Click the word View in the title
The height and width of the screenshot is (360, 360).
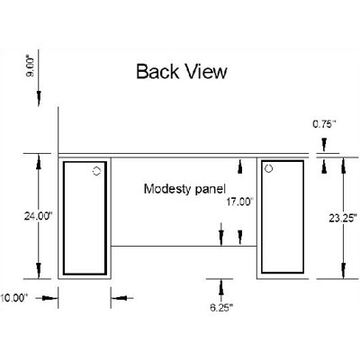206,72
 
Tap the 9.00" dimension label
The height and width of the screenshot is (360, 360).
31,67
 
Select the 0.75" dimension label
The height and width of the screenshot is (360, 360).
324,123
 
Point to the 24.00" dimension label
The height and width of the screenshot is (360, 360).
38,216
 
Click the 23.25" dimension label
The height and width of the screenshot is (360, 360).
343,218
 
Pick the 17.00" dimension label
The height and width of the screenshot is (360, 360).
239,202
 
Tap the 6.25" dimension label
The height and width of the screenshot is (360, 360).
221,308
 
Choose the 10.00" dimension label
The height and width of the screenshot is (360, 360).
13,298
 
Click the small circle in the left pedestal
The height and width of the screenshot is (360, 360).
96,171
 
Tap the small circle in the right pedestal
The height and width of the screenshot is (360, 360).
269,169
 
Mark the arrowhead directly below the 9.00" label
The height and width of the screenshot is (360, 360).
39,96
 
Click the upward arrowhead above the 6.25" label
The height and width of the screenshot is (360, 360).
221,286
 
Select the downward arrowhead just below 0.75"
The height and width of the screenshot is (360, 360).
324,145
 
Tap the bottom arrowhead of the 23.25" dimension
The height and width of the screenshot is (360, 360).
343,271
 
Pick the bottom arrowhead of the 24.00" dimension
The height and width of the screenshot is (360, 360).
39,271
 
